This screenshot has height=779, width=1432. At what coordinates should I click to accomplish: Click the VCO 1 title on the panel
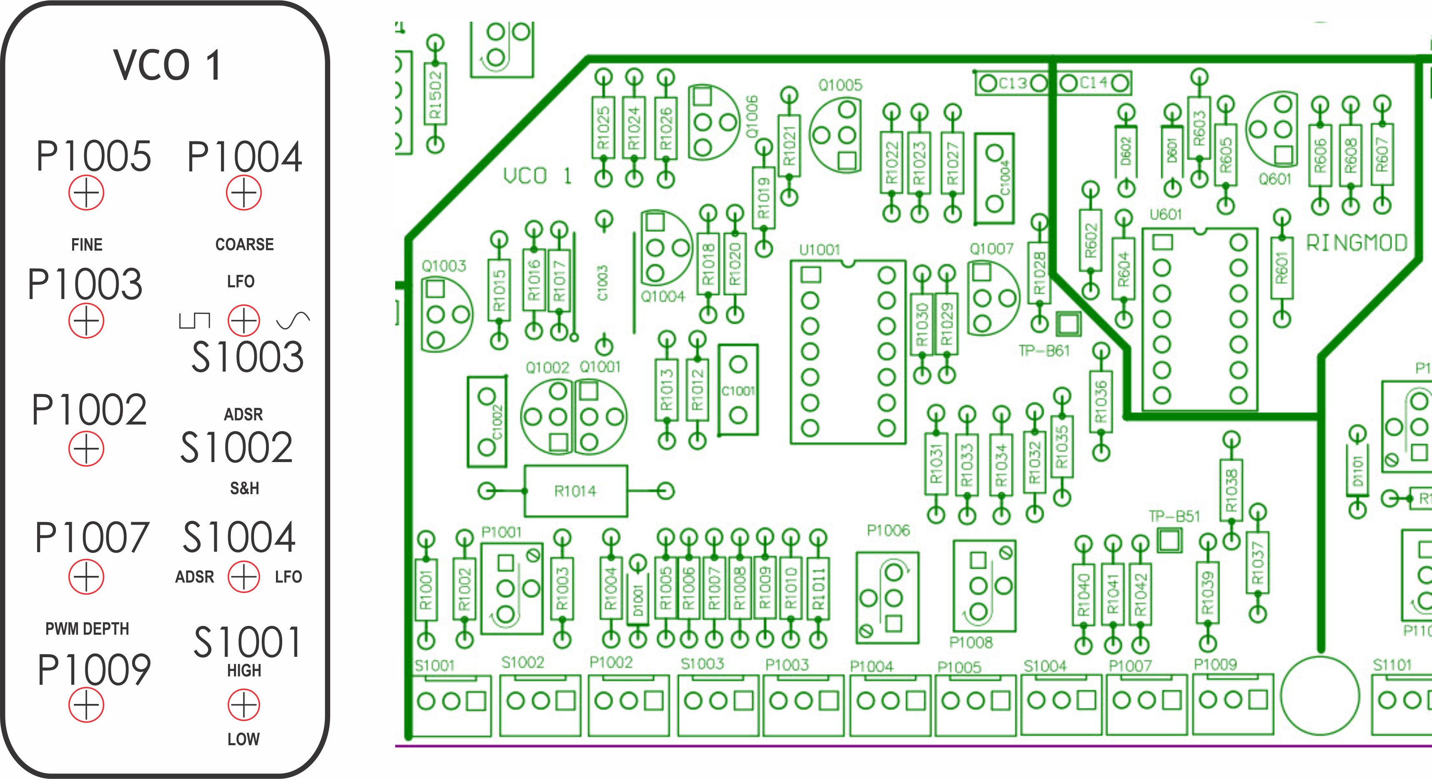point(167,65)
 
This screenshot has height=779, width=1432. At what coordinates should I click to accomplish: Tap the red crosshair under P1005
point(86,193)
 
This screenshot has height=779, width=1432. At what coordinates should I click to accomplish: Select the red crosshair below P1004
point(243,193)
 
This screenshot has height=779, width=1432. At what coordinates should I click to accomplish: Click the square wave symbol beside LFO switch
point(194,320)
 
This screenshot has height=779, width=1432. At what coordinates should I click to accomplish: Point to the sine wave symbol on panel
point(293,320)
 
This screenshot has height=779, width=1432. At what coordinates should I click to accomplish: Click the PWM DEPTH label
point(87,629)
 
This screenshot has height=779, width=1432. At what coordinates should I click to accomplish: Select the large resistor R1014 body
point(575,491)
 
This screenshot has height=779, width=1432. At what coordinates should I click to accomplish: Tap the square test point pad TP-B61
point(1068,324)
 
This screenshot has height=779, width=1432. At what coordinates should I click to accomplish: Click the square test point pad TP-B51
point(1170,540)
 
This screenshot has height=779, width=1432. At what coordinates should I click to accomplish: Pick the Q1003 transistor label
point(444,266)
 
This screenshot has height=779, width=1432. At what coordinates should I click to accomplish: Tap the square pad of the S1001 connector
point(476,701)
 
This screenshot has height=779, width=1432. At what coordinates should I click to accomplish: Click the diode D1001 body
point(637,600)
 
